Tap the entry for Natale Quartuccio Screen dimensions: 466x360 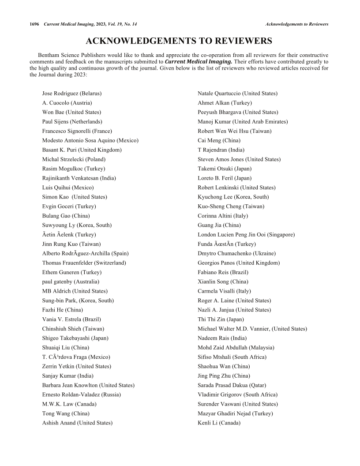pos(237,94)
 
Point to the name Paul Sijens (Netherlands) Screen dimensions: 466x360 pos(72,121)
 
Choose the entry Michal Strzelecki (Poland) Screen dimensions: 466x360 pos(74,159)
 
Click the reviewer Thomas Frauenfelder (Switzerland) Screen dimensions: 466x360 pos(84,263)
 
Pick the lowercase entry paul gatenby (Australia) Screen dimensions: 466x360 pos(71,282)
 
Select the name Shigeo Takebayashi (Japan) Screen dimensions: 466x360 pos(75,338)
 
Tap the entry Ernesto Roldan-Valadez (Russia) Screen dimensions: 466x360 pos(81,395)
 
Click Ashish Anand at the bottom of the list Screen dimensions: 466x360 pos(77,423)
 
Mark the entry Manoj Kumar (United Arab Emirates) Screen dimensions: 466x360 pos(243,121)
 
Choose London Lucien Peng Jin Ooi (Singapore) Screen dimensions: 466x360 pos(246,234)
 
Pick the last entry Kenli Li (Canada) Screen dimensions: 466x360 pos(219,423)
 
